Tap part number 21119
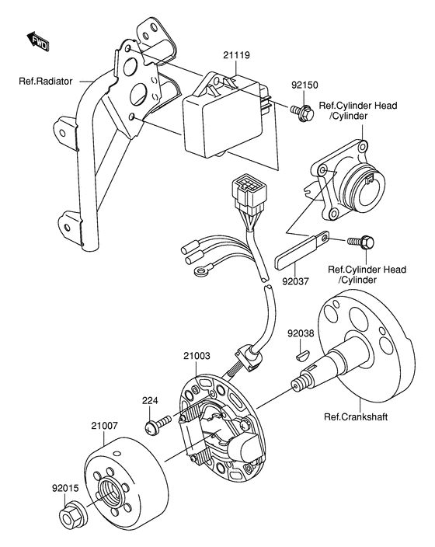coord(237,55)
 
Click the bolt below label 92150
coord(301,112)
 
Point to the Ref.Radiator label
coord(46,82)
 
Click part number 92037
coord(295,281)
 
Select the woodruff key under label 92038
coord(301,355)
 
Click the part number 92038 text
coord(301,334)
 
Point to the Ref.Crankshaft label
coord(356,416)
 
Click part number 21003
coord(197,356)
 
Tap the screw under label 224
coord(158,423)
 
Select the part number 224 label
coord(150,400)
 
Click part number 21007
coord(105,426)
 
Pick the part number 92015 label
coord(65,488)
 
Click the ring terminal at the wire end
coord(201,271)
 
